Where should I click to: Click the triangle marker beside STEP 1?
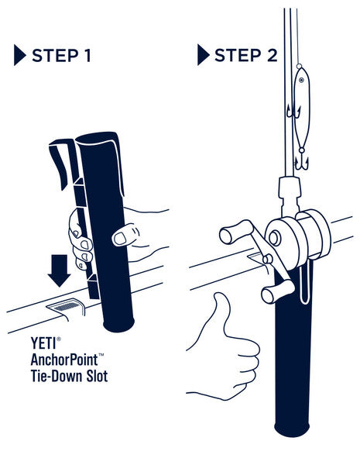(x=19, y=55)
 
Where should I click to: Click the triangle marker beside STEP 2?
(x=203, y=54)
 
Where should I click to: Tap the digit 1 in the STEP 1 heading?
(x=87, y=56)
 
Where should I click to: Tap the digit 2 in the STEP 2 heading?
(x=272, y=56)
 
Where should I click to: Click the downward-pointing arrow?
(x=60, y=270)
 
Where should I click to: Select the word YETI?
(x=43, y=343)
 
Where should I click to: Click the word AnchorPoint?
(x=64, y=360)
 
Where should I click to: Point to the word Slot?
(x=98, y=376)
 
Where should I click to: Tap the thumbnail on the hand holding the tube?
(x=120, y=239)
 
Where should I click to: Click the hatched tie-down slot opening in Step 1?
(x=67, y=306)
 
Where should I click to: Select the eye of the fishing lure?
(x=301, y=80)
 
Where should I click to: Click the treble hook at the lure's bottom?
(x=301, y=163)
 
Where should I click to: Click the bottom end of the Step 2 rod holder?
(x=292, y=429)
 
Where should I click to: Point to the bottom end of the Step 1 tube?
(x=118, y=325)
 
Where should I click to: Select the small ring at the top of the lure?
(x=299, y=66)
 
